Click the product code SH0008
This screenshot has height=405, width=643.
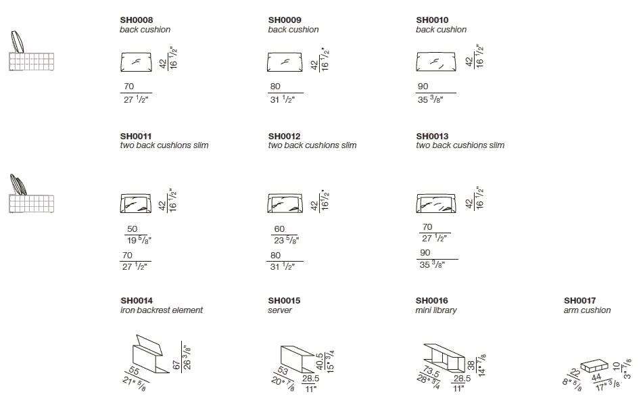pos(136,20)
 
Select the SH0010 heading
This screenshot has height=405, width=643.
pos(432,20)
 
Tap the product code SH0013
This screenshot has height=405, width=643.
pos(432,136)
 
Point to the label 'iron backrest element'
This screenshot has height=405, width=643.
pos(162,310)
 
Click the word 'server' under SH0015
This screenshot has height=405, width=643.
pos(280,310)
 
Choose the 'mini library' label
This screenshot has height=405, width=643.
pos(436,310)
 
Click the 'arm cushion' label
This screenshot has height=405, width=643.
pos(588,310)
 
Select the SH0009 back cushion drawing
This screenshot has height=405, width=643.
pos(285,62)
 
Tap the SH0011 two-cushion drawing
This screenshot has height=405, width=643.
pos(136,203)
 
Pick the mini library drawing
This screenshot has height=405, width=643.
pos(444,356)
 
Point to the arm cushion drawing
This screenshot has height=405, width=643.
pos(594,366)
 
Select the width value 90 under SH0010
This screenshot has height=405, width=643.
pos(423,87)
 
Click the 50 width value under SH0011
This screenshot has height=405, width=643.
pos(132,229)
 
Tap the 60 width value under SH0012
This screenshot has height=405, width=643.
pos(279,229)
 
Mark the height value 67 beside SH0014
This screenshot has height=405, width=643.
pos(176,364)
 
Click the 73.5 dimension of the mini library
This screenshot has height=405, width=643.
pos(431,372)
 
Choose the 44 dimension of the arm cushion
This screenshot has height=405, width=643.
pos(596,377)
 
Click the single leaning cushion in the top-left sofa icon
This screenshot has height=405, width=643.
pos(17,41)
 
